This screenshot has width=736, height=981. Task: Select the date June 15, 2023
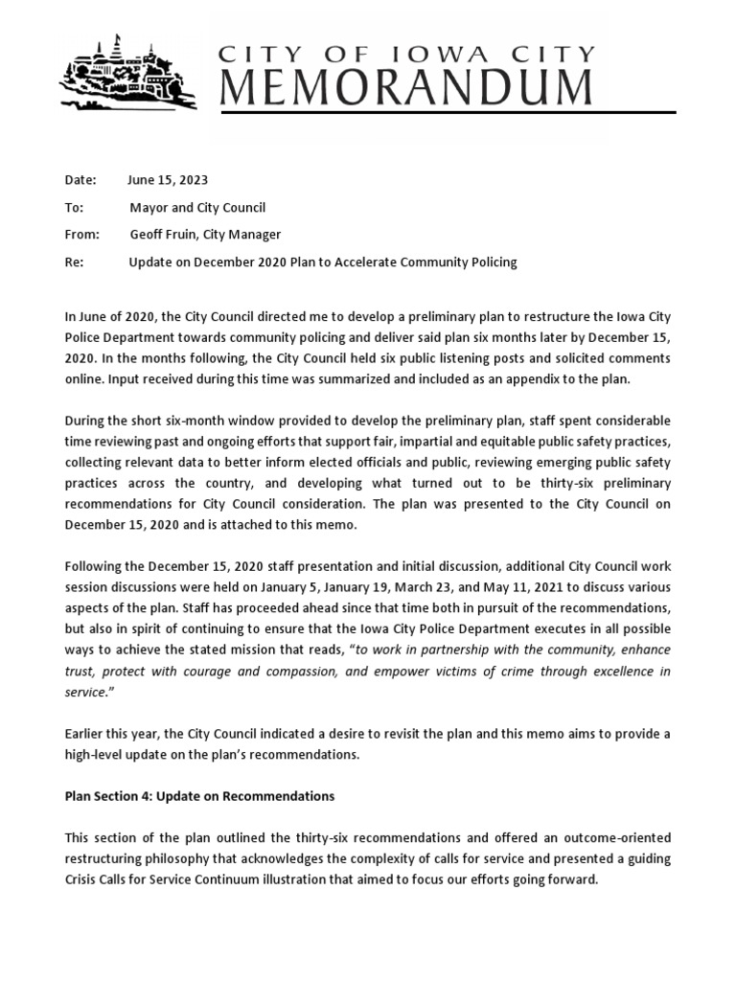[x=169, y=180]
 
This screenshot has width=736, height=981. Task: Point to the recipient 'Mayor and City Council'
[x=197, y=208]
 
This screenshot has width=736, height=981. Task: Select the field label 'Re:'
[x=74, y=262]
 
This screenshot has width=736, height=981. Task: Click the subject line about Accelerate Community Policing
[x=323, y=262]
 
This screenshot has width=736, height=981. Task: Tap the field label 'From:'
[x=81, y=235]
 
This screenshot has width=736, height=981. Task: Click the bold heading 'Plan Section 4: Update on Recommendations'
[x=198, y=796]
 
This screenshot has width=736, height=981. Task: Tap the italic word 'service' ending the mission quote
[x=84, y=692]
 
